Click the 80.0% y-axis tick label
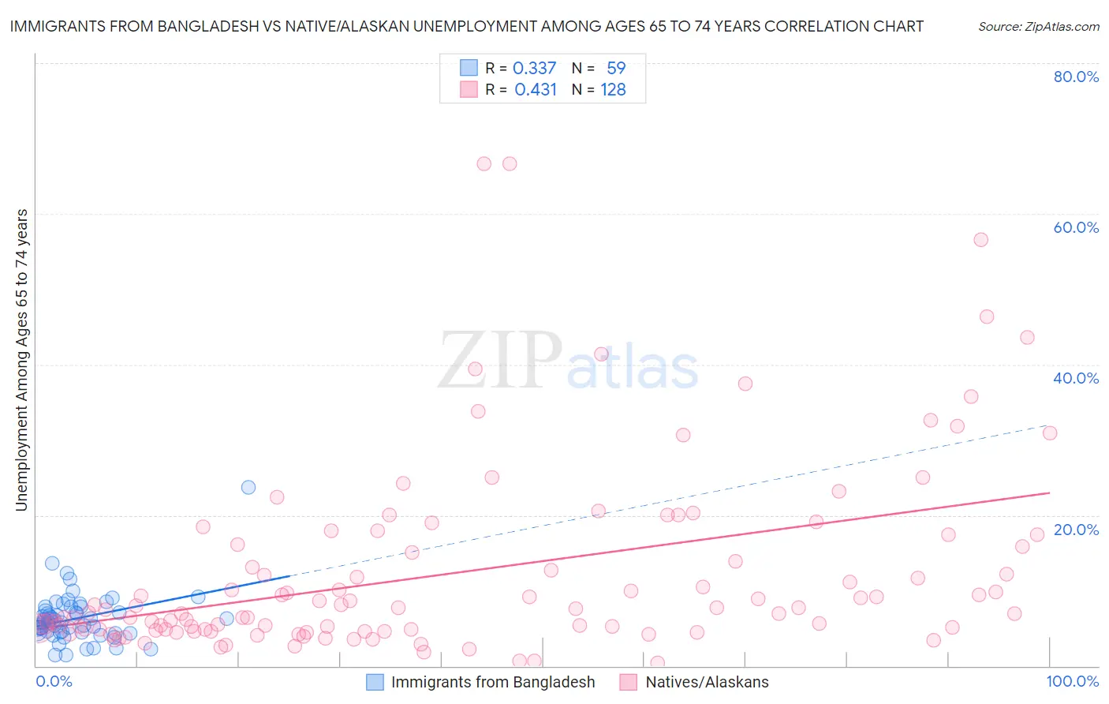tap(1075, 77)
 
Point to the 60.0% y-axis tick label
tap(1075, 227)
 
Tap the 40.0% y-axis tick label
tap(1075, 378)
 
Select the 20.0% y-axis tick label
tap(1075, 530)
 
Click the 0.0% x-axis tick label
tap(54, 681)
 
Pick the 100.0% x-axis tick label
tap(1072, 681)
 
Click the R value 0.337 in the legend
tap(534, 68)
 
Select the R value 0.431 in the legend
tap(535, 90)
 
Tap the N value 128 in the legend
tap(613, 90)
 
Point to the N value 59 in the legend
tap(616, 68)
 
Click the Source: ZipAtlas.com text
tap(1038, 26)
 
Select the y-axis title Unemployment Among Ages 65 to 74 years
tap(21, 360)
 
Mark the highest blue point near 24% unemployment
tap(248, 487)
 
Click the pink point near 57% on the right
tap(980, 240)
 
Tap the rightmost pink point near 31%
tap(1049, 433)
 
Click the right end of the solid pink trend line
tap(1049, 492)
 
